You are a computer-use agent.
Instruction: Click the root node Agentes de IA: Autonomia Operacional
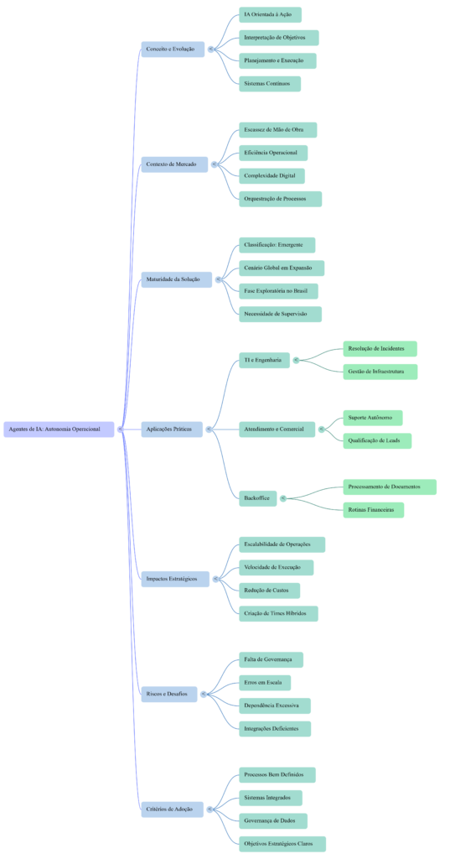click(59, 429)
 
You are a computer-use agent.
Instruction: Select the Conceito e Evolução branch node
click(172, 49)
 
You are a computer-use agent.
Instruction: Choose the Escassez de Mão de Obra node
click(277, 130)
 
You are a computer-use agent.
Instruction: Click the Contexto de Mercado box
click(173, 164)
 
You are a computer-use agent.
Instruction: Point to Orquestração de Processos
click(280, 199)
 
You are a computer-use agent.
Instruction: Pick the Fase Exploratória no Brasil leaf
click(278, 291)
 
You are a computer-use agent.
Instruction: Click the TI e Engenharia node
click(264, 360)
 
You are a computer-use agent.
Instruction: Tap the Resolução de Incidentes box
click(380, 349)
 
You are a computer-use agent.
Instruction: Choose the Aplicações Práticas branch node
click(172, 429)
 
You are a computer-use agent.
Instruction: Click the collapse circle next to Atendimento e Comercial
click(322, 429)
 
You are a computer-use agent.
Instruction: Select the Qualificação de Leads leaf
click(377, 440)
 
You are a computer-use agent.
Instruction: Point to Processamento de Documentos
click(389, 487)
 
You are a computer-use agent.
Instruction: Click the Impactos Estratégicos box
click(174, 579)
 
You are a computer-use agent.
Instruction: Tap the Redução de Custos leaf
click(269, 591)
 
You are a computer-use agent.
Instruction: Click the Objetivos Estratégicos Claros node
click(282, 844)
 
